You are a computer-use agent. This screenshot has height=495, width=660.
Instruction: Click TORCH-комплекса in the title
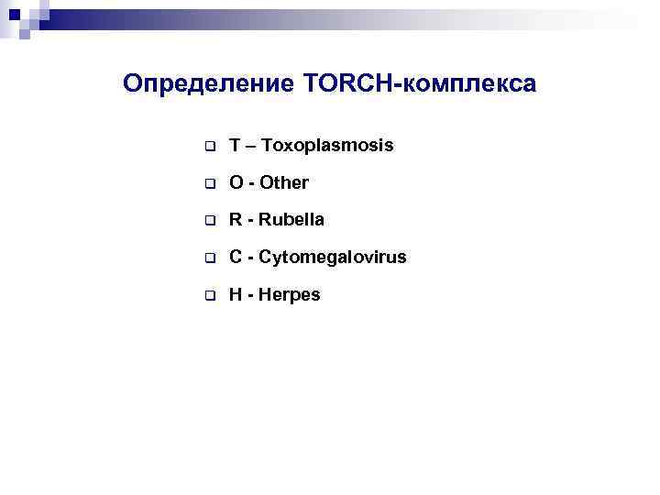[x=417, y=84]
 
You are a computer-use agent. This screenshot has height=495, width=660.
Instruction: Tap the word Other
[x=284, y=183]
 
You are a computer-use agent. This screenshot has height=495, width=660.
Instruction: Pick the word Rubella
[x=291, y=221]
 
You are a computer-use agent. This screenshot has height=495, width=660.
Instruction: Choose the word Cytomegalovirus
[x=333, y=258]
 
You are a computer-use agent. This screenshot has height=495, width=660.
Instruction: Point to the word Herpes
[x=290, y=295]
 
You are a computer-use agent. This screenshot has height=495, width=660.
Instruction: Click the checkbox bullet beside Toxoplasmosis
[x=209, y=147]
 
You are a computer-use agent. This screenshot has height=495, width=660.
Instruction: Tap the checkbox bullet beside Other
[x=209, y=184]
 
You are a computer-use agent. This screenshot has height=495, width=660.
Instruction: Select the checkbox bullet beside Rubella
[x=209, y=222]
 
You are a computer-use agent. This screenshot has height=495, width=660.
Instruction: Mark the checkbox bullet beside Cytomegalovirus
[x=209, y=259]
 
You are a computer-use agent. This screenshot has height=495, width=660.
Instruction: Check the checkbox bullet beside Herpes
[x=209, y=296]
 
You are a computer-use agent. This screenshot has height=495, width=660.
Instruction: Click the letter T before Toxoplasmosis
[x=236, y=146]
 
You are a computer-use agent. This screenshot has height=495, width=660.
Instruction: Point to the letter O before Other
[x=236, y=183]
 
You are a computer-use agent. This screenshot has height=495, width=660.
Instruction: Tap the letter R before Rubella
[x=236, y=221]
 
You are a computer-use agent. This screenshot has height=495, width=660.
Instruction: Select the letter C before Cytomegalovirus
[x=236, y=258]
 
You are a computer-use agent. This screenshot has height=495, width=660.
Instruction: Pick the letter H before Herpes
[x=236, y=295]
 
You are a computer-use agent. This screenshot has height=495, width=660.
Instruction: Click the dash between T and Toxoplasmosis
[x=252, y=147]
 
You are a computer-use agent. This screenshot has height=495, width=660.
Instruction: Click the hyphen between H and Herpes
[x=251, y=296]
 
